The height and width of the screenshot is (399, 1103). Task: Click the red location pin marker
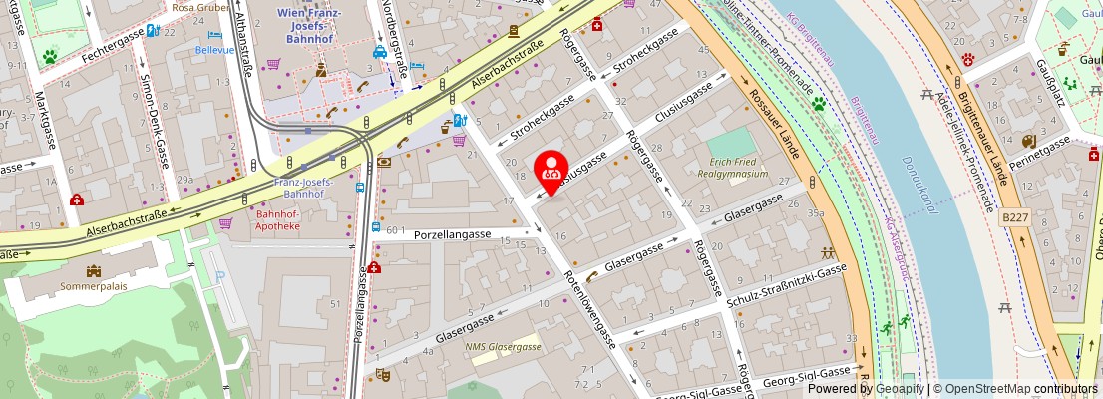coord(551,171)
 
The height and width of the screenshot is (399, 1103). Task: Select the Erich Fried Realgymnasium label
coord(738,167)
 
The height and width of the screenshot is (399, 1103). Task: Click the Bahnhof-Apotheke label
coord(277,220)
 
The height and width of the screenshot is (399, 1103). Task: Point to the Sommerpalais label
coord(94,285)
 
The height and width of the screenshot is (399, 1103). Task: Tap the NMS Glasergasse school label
coord(503,346)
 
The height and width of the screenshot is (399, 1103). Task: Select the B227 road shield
coord(1015,216)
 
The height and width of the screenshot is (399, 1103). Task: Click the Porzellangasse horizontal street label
coord(453,234)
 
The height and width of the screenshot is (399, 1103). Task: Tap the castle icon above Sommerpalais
coord(94,270)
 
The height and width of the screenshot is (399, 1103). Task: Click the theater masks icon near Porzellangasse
coord(381,374)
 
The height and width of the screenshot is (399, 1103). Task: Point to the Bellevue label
coord(214,49)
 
